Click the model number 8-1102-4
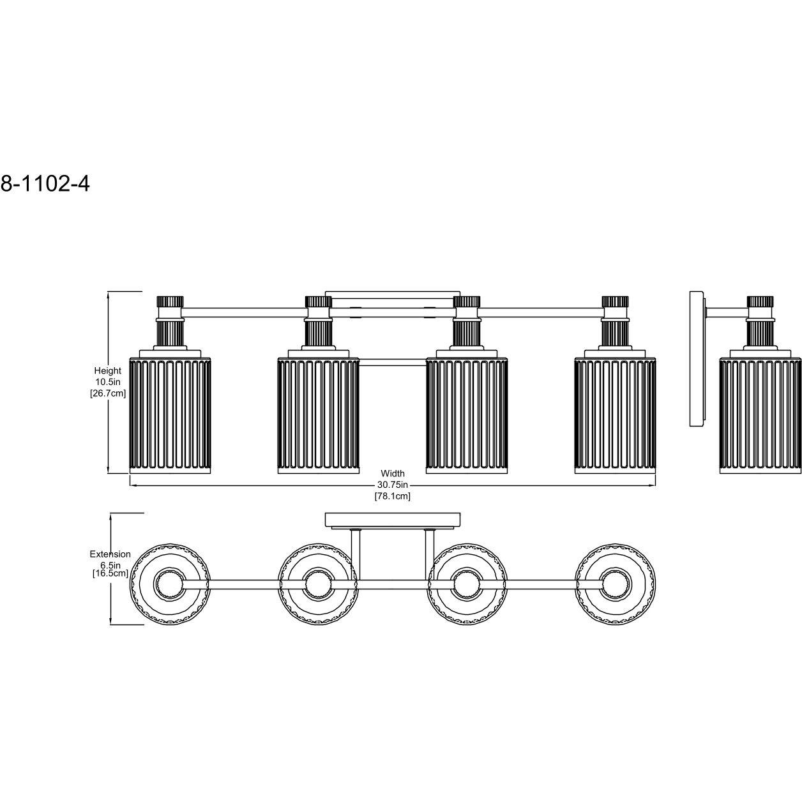45,183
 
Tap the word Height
107,370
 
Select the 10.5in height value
108,382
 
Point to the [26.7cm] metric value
108,393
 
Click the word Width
393,473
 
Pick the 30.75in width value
393,485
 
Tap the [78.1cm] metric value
393,496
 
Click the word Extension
110,554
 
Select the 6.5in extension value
110,565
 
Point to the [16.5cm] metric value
110,573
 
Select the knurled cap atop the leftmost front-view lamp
170,301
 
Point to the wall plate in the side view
697,358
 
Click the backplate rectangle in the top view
393,519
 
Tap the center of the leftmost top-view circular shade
170,584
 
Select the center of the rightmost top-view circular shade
615,584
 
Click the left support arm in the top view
356,554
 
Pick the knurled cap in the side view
760,301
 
